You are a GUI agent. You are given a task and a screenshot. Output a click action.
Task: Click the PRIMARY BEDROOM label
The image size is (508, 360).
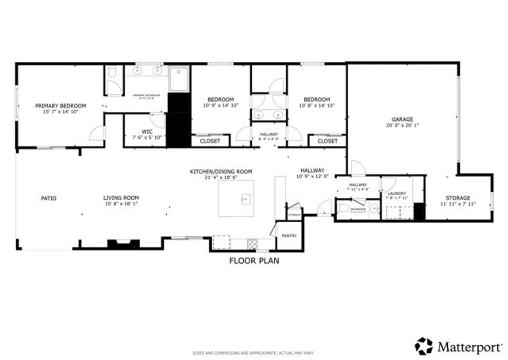pyautogui.click(x=60, y=106)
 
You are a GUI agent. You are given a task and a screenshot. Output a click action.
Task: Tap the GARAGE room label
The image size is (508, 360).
pyautogui.click(x=402, y=119)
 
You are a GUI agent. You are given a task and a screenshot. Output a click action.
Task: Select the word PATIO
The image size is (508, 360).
pyautogui.click(x=49, y=198)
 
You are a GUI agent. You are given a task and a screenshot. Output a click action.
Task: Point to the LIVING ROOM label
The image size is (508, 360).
pyautogui.click(x=121, y=198)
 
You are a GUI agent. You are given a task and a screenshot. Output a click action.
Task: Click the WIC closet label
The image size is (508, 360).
pyautogui.click(x=147, y=131)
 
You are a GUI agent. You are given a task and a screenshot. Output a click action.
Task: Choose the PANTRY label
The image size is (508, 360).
pyautogui.click(x=289, y=235)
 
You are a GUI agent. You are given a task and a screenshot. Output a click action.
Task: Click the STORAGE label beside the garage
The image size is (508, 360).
pyautogui.click(x=458, y=198)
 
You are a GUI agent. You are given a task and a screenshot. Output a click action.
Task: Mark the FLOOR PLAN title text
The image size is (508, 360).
pyautogui.click(x=254, y=261)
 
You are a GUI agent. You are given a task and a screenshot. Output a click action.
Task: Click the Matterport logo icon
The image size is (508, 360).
pyautogui.click(x=423, y=346)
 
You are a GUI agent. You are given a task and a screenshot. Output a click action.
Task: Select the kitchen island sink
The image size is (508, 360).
pyautogui.click(x=245, y=198)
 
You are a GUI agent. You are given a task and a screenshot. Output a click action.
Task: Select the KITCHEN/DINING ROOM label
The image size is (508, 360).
pyautogui.click(x=221, y=171)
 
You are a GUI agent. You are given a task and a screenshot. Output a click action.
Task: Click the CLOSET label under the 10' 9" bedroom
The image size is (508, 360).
pyautogui.click(x=210, y=141)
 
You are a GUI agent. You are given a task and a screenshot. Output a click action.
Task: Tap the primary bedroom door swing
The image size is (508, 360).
pyautogui.click(x=97, y=133)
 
